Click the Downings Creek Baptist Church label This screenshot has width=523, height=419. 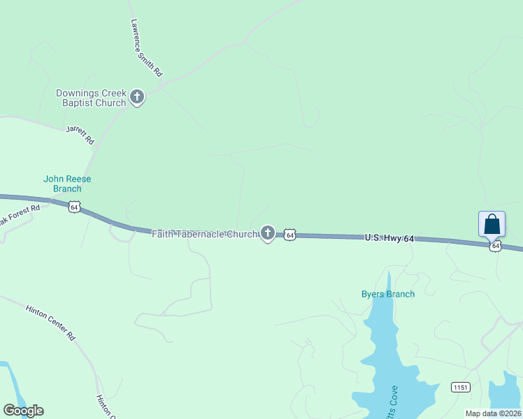[x=91, y=98]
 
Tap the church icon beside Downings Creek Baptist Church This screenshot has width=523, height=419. [x=137, y=97]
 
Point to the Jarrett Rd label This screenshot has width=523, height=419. [x=80, y=135]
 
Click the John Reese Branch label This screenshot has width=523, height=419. [x=67, y=184]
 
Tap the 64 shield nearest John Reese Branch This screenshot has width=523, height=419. [x=74, y=207]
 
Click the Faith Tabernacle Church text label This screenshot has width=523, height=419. [x=205, y=234]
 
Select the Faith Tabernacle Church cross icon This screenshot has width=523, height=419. [x=267, y=233]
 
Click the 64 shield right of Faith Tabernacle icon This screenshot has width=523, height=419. [x=290, y=235]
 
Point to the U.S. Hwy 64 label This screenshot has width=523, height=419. [x=389, y=238]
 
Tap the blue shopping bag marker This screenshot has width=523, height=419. [x=492, y=224]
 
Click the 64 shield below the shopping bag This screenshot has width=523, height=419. [x=495, y=246]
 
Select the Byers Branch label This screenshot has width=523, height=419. [x=388, y=294]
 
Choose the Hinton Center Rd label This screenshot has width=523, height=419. [x=50, y=322]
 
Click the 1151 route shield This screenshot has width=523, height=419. [x=460, y=388]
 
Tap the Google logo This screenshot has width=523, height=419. [x=23, y=411]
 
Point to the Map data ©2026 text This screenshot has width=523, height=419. [x=493, y=413]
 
